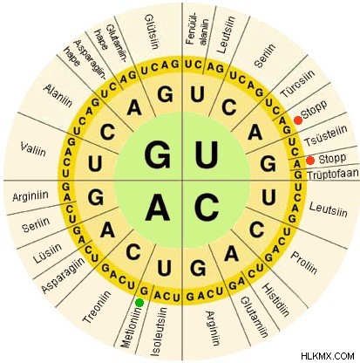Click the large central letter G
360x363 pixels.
tap(158, 155)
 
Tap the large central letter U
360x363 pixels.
tap(207, 155)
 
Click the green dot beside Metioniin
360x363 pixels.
tap(139, 303)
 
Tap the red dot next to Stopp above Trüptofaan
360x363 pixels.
tap(310, 160)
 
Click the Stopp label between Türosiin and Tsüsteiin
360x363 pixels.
tap(314, 109)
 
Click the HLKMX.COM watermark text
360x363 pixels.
tap(328, 356)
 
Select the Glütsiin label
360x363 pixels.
tap(152, 31)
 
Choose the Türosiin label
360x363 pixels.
tap(297, 84)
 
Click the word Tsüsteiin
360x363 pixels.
tap(326, 135)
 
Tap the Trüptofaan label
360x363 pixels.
tap(333, 174)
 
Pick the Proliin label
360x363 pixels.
tap(304, 263)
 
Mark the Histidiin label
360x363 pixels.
tap(275, 300)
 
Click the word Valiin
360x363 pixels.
tap(33, 149)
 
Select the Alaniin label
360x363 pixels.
tap(58, 95)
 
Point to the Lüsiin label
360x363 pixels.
tap(47, 253)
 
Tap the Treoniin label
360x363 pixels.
tap(97, 306)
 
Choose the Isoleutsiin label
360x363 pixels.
tap(159, 332)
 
